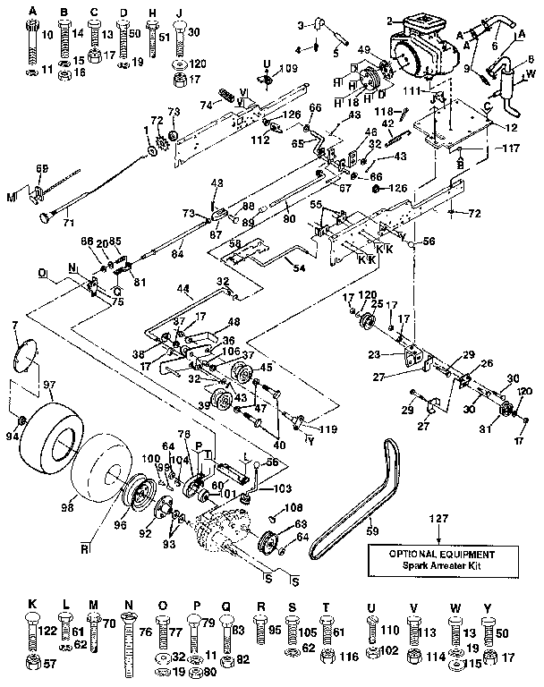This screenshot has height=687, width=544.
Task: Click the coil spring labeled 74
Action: (x=227, y=94)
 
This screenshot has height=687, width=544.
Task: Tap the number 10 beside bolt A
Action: (x=47, y=33)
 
